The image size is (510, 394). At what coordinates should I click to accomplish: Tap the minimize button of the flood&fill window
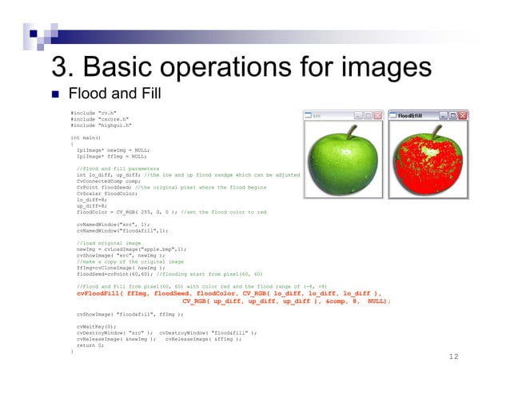point(442,116)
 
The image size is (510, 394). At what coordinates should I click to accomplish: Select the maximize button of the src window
point(368,116)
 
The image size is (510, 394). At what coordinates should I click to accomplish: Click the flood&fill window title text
point(410,116)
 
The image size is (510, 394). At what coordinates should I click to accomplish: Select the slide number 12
point(454,356)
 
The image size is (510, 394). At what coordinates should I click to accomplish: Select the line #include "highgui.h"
point(101,125)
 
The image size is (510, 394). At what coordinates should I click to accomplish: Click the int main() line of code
point(86,137)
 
